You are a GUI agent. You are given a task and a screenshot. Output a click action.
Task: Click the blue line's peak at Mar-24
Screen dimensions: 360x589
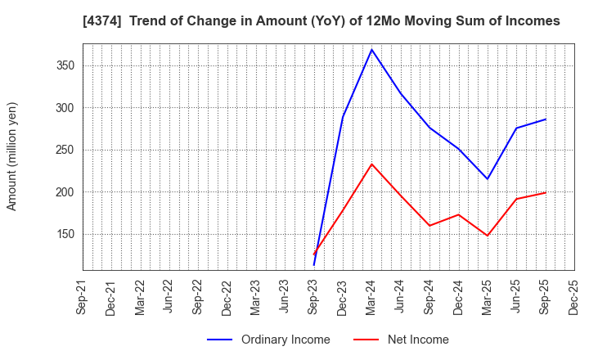coord(371,49)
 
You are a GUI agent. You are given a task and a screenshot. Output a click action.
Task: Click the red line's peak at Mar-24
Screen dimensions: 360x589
coord(371,164)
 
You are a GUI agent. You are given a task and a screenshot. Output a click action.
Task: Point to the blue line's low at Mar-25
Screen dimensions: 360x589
coord(488,179)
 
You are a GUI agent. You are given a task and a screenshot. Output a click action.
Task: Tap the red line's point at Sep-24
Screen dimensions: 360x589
coord(429,226)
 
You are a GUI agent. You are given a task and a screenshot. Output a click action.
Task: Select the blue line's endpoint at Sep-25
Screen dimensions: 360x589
coord(546,119)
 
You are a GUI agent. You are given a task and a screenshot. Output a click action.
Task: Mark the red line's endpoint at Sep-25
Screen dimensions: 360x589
coord(546,193)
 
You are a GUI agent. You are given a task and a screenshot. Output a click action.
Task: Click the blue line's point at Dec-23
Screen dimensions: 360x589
coord(343,117)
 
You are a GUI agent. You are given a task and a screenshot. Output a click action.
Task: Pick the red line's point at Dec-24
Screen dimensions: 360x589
coord(458,215)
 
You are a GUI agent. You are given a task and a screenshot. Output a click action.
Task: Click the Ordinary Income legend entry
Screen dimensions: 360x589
coord(268,340)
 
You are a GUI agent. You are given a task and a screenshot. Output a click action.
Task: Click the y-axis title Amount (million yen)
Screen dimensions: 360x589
coord(12,156)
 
